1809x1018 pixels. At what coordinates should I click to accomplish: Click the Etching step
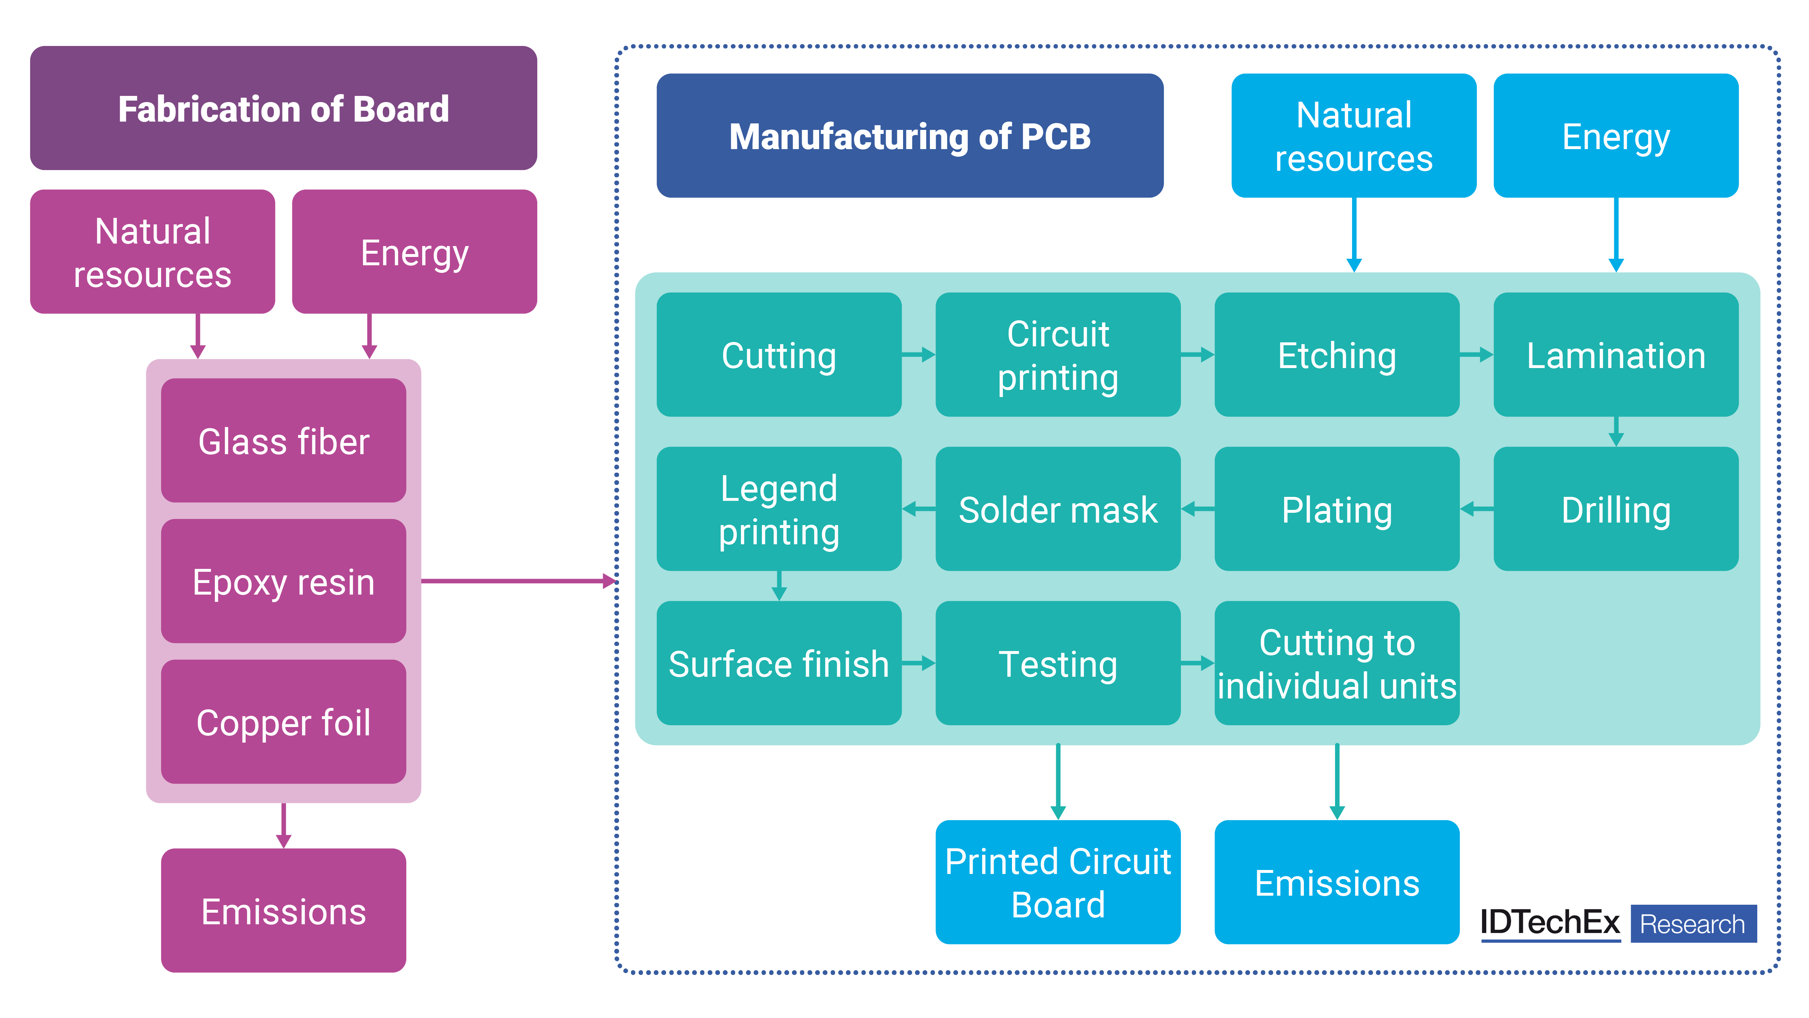(x=1336, y=355)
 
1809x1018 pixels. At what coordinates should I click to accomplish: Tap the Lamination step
(x=1615, y=355)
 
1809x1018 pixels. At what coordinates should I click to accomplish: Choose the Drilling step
(x=1615, y=509)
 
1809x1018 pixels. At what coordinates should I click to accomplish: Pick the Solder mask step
(x=1058, y=509)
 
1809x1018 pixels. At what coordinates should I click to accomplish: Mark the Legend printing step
(x=779, y=509)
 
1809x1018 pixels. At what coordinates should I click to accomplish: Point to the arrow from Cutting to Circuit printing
(x=919, y=355)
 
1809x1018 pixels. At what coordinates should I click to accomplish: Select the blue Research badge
(x=1693, y=924)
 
